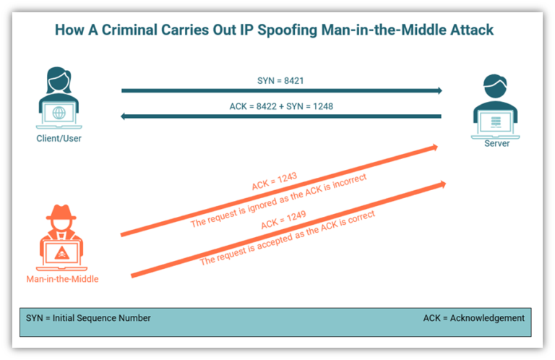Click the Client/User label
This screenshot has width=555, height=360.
[59, 138]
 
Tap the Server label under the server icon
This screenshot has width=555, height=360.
[496, 143]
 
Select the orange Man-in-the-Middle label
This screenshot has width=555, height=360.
[62, 278]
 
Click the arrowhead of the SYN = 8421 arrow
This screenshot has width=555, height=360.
[438, 91]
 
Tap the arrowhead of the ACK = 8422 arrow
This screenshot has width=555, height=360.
[125, 116]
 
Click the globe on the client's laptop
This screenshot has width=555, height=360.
[59, 113]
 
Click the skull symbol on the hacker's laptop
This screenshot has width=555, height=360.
[61, 252]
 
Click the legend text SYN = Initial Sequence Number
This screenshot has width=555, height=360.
[87, 318]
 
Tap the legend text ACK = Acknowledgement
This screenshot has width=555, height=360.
[473, 318]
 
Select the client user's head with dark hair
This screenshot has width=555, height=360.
[59, 79]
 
